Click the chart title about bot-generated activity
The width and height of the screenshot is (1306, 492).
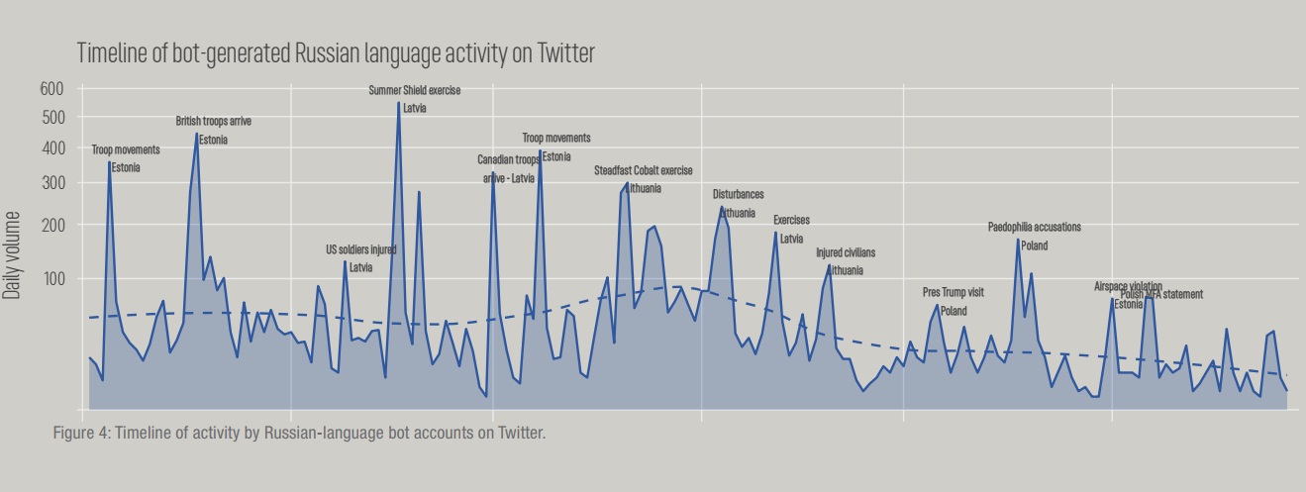pyautogui.click(x=336, y=52)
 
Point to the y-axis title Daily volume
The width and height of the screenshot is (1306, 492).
pyautogui.click(x=12, y=254)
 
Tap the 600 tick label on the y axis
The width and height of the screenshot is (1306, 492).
pyautogui.click(x=51, y=88)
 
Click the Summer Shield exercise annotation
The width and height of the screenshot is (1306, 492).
pyautogui.click(x=415, y=90)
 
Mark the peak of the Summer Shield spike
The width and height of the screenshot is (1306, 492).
pyautogui.click(x=398, y=103)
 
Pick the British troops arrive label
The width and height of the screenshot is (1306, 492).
pyautogui.click(x=214, y=121)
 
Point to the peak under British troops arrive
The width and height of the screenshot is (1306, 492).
pyautogui.click(x=197, y=134)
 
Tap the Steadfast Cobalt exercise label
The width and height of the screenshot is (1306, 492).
pyautogui.click(x=644, y=170)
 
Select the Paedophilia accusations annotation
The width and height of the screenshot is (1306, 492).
pyautogui.click(x=1035, y=227)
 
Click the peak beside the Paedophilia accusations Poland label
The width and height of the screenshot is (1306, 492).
pyautogui.click(x=1018, y=240)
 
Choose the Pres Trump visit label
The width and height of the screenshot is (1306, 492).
pyautogui.click(x=954, y=292)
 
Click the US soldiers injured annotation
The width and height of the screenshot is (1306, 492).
pyautogui.click(x=361, y=249)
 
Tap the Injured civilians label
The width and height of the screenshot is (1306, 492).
pyautogui.click(x=846, y=252)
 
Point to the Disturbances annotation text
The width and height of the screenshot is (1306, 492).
pyautogui.click(x=739, y=194)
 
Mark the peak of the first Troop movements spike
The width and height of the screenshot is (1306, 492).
pyautogui.click(x=109, y=161)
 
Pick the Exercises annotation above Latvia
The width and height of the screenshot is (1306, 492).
pyautogui.click(x=791, y=220)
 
